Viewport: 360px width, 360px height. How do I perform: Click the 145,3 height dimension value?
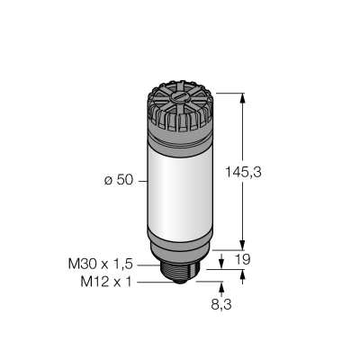point(243,172)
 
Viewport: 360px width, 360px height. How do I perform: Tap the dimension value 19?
point(242,259)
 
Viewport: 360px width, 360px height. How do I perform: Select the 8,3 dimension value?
point(221,305)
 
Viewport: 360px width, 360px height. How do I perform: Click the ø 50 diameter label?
point(119,180)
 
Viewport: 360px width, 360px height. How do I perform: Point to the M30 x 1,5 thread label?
point(101,265)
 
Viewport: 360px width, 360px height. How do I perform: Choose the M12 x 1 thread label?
point(106,282)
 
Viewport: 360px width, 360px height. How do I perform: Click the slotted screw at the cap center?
point(178,97)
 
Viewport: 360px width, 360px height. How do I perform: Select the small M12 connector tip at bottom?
point(180,282)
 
